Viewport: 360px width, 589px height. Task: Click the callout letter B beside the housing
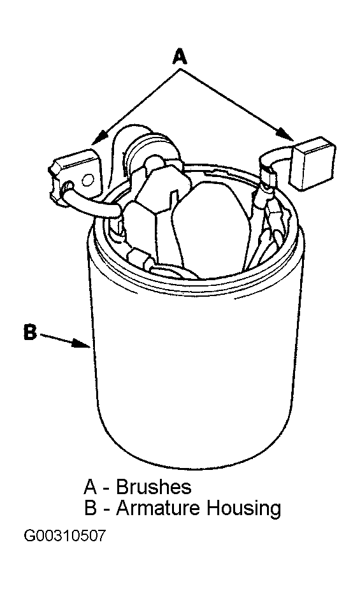tap(31, 332)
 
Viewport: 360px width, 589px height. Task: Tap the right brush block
tap(314, 162)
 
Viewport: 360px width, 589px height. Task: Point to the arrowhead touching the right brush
tap(285, 135)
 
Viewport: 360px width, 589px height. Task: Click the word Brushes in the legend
tap(154, 487)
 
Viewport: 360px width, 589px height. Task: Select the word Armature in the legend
tap(158, 508)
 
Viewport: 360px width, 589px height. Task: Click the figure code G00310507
tap(64, 536)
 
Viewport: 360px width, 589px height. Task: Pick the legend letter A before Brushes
tap(90, 487)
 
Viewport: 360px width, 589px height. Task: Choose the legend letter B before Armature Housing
tap(90, 508)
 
